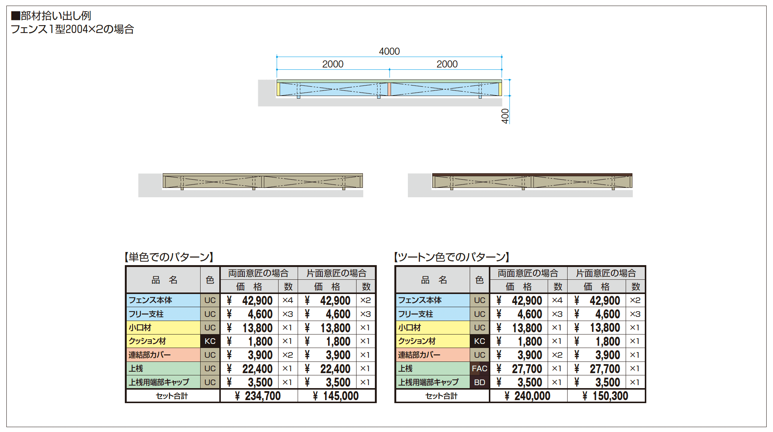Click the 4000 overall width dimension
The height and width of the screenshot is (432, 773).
(x=389, y=51)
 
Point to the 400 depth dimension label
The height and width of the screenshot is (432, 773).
(x=505, y=116)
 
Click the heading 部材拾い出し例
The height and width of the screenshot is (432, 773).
(x=51, y=16)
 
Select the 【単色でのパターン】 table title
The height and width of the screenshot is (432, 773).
(x=169, y=257)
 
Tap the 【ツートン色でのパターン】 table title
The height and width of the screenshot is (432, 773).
(x=452, y=257)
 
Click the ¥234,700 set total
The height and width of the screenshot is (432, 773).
(x=258, y=396)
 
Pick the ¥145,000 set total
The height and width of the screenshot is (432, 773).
(x=336, y=396)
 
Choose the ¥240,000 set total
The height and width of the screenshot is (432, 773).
(x=527, y=396)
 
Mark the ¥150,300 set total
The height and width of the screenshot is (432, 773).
(x=605, y=396)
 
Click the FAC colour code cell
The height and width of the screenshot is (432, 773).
(x=479, y=369)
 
